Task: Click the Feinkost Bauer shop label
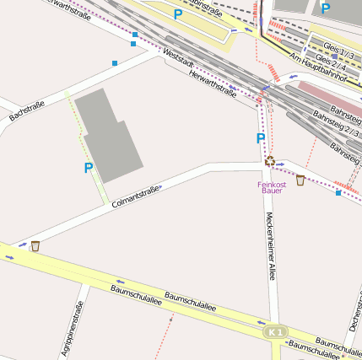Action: click(272, 187)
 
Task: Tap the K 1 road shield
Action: click(275, 332)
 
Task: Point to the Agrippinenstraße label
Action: click(73, 329)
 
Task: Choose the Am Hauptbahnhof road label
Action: click(319, 67)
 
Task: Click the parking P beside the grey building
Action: click(88, 169)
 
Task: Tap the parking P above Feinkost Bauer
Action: click(261, 138)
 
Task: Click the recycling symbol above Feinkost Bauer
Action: click(270, 161)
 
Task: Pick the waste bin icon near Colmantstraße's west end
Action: click(35, 246)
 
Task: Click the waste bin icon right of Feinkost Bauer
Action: click(300, 180)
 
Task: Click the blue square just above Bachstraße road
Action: click(116, 62)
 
